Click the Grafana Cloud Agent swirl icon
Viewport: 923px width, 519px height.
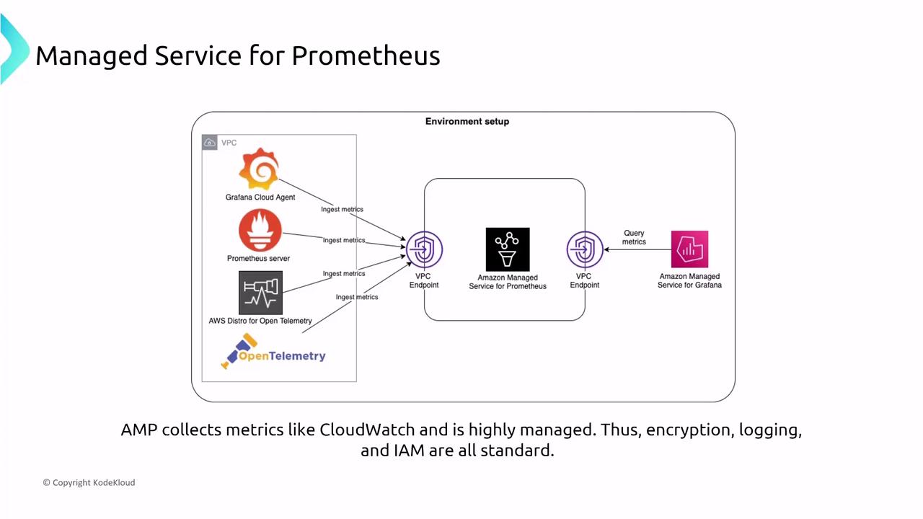coord(259,170)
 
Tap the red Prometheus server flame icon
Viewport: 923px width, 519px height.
coord(260,231)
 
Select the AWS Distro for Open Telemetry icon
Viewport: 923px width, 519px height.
coord(260,293)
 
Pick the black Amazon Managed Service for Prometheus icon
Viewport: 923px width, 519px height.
coord(508,249)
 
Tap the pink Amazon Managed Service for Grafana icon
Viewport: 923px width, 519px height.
coord(689,249)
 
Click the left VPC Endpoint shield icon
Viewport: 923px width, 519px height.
coord(424,249)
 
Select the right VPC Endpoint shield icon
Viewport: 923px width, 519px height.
coord(584,249)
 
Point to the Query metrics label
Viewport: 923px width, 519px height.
coord(634,237)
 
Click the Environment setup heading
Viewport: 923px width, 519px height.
coord(467,121)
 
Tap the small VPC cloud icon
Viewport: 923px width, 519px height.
coord(209,143)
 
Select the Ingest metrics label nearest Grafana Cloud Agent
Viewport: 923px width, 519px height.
coord(342,209)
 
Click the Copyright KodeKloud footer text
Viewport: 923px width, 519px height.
coord(89,482)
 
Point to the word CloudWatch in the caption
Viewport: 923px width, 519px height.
coord(367,430)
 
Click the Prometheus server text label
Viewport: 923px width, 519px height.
coord(258,258)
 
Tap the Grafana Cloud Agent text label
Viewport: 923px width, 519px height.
coord(260,197)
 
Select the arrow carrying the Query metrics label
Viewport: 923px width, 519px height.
coord(637,249)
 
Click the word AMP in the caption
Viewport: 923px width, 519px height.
coord(139,430)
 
